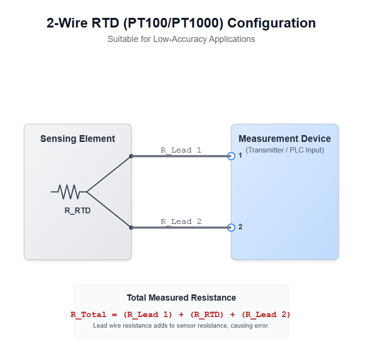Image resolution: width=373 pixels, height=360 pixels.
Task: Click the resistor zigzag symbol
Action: coord(69,192)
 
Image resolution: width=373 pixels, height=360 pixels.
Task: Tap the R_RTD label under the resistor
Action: coord(78,210)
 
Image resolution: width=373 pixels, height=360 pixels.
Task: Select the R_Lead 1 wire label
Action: coord(181,150)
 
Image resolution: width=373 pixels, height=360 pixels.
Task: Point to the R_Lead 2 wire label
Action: coord(181,222)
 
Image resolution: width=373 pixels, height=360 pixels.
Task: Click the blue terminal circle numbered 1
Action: coord(231,156)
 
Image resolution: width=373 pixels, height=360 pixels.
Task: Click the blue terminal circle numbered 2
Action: coord(231,227)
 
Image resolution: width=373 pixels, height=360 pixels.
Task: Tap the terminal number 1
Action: coord(240,155)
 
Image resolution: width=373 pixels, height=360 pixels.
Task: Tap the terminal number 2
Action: coord(240,227)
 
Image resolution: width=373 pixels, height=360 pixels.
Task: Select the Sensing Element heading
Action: coord(78,139)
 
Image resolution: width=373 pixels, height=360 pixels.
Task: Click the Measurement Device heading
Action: coord(285,139)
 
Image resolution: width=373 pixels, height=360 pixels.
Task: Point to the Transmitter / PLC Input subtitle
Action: coord(285,150)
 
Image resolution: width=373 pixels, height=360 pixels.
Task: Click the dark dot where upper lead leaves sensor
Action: coord(131,156)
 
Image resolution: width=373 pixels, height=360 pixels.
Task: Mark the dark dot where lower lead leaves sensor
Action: coord(131,227)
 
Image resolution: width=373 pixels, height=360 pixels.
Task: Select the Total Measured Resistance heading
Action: coord(181,298)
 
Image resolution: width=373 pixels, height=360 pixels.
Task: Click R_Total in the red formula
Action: coord(88,315)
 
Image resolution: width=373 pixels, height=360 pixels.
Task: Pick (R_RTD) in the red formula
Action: coord(207,315)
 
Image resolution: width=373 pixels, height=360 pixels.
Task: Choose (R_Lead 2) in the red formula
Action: coord(266,315)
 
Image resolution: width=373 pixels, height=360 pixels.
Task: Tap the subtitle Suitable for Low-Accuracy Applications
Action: coord(181,39)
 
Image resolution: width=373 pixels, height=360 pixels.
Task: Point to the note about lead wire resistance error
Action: coord(181,326)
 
